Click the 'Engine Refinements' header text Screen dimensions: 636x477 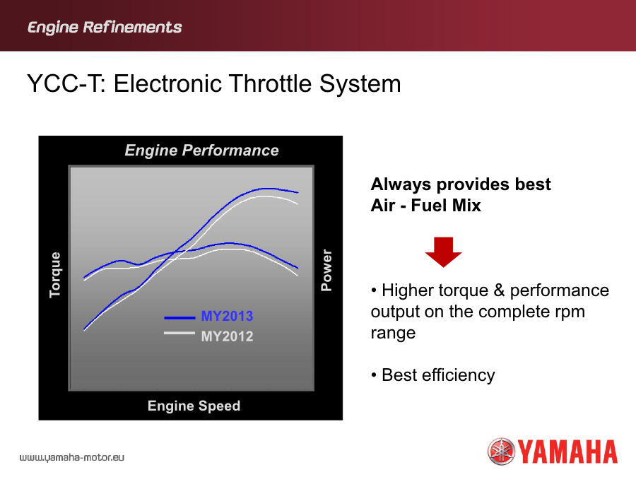coord(105,28)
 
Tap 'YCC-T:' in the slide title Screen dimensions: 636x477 coord(67,83)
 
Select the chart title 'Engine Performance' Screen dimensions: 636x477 coord(201,151)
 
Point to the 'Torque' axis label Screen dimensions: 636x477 coord(55,275)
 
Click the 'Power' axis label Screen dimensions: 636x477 coord(326,270)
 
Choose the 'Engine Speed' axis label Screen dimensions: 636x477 coord(194,406)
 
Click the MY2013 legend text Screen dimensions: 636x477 coord(227,316)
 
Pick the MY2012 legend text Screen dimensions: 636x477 coord(227,336)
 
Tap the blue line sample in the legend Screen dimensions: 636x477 coord(179,318)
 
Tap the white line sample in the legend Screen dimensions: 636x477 coord(179,334)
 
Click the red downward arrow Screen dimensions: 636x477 coord(443,252)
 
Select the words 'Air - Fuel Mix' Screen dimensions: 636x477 coord(425,206)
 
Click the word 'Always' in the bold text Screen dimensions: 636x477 coord(401,185)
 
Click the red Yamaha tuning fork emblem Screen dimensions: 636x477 coord(501,451)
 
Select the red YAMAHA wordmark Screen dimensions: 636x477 coord(568,452)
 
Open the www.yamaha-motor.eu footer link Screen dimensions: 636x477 coord(72,458)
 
